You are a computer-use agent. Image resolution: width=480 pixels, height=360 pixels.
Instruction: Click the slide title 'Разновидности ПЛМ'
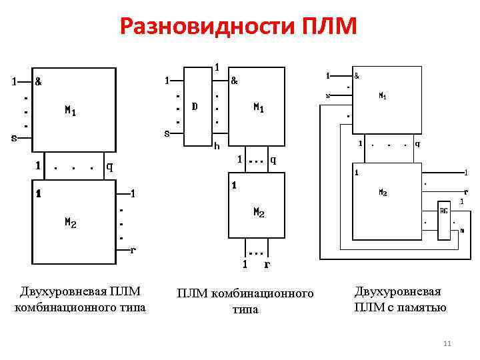pos(239,27)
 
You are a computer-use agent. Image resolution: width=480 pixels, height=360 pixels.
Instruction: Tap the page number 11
pos(447,343)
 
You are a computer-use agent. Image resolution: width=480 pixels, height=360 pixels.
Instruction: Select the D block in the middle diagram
pos(195,106)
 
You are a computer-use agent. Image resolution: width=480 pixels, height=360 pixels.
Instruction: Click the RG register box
pos(443,211)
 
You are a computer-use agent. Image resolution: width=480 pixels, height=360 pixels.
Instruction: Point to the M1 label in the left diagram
pos(70,111)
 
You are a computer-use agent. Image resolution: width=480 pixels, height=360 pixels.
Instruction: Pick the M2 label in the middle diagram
pos(259,213)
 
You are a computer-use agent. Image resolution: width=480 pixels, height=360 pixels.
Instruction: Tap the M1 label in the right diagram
pos(383,96)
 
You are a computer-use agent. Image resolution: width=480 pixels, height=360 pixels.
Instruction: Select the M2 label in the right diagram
pos(383,193)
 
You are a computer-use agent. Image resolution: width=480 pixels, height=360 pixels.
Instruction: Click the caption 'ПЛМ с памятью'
pos(400,307)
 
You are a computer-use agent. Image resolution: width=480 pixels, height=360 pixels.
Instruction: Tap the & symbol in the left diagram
pos(38,82)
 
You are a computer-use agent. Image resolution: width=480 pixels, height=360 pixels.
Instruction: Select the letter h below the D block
pos(216,146)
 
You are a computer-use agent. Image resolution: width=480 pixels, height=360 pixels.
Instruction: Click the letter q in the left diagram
pos(109,167)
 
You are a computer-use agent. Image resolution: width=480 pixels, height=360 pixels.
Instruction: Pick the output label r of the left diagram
pos(133,251)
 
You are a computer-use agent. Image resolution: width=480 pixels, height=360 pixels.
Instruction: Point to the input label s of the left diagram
pos(14,139)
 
